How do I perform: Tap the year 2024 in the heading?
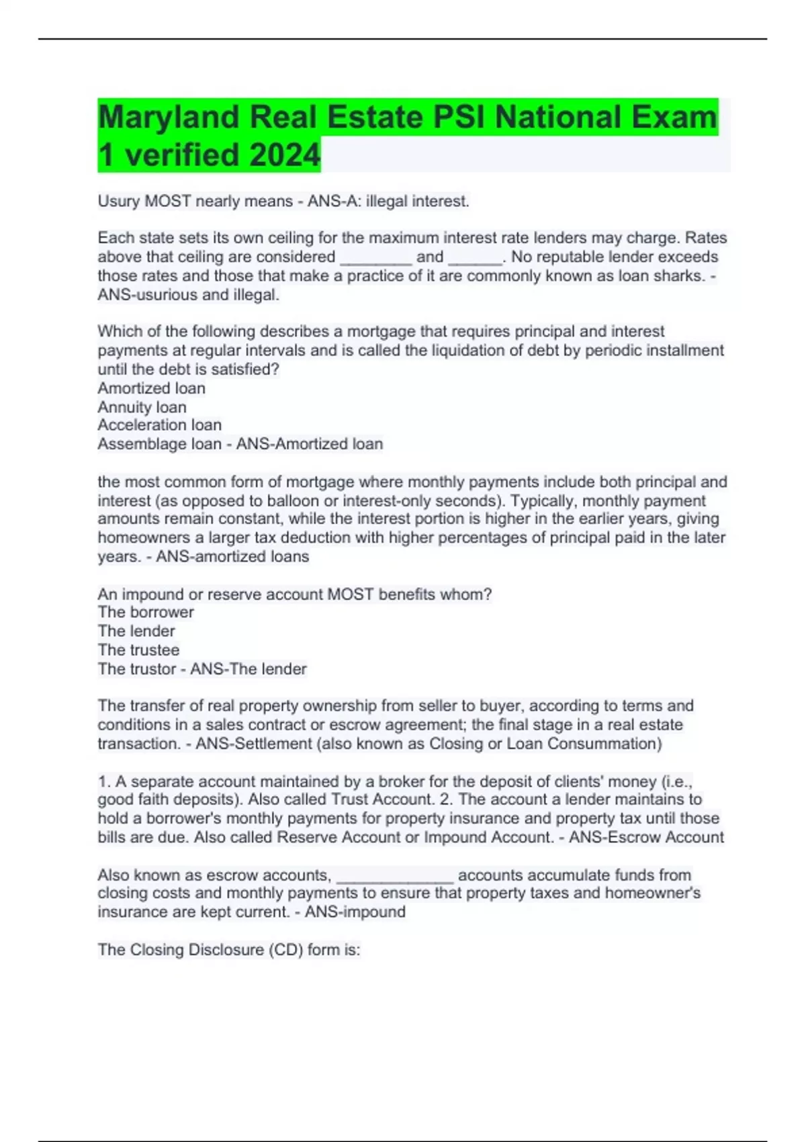[284, 156]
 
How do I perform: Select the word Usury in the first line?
[119, 201]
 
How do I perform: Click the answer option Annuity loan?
[142, 407]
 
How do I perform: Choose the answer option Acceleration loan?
[159, 425]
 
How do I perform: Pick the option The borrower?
[146, 612]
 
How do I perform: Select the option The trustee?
[138, 650]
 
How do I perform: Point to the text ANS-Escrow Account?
[646, 837]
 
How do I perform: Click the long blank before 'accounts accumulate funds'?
[395, 875]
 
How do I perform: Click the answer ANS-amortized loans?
[232, 556]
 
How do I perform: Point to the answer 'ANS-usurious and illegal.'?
[188, 294]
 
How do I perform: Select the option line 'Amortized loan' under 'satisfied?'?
[151, 388]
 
